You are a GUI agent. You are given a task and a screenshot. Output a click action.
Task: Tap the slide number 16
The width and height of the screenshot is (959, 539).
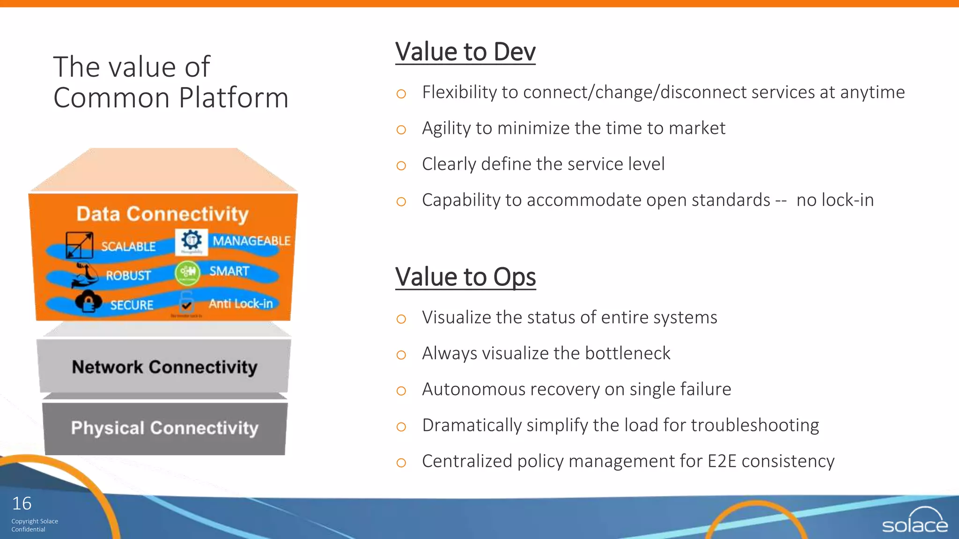(22, 503)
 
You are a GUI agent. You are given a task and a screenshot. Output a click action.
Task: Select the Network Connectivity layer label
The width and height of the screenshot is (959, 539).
(164, 367)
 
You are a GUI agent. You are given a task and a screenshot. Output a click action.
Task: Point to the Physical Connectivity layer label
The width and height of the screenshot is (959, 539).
(164, 428)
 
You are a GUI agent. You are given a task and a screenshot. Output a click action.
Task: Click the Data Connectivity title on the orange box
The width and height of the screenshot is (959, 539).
(162, 214)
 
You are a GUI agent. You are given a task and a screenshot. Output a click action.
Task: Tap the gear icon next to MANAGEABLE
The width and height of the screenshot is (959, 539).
(191, 241)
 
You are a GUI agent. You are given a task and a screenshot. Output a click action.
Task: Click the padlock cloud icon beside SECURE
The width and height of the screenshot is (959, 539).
(88, 301)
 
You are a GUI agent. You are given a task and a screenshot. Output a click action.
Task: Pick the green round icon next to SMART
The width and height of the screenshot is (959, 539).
(187, 273)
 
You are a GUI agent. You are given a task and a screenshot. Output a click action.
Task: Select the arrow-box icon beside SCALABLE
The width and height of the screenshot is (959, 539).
(79, 245)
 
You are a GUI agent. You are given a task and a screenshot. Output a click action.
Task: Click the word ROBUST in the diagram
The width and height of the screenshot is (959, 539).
(128, 276)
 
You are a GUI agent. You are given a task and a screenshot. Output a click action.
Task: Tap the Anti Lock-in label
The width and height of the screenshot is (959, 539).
(240, 304)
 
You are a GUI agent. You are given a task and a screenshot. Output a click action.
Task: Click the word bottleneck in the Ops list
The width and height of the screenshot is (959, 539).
(627, 353)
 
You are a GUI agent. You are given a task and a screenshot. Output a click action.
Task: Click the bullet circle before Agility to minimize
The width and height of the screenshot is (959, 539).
(401, 130)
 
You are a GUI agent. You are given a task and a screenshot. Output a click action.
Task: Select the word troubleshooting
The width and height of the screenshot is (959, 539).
(755, 425)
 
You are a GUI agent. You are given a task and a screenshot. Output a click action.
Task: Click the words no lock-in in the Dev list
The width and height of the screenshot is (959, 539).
(835, 200)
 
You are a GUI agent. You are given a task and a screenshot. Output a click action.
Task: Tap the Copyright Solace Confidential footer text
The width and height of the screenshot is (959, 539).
(34, 525)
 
